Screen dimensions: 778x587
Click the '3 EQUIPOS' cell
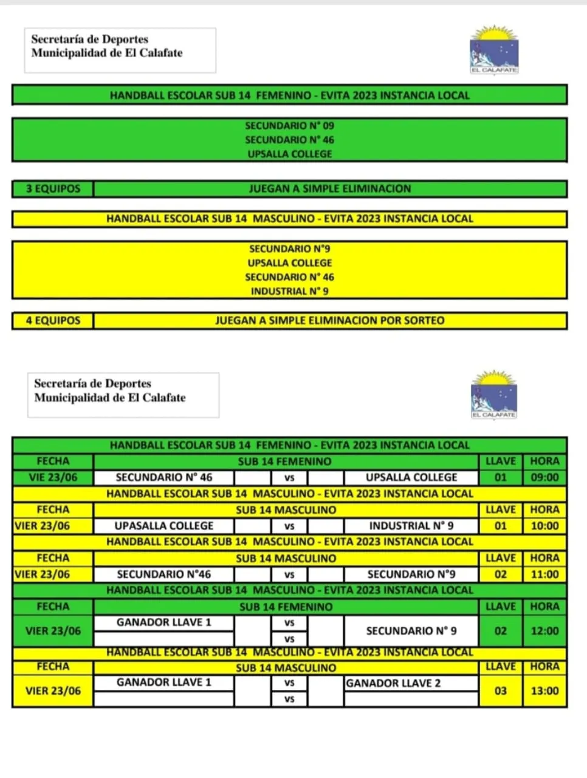tap(53, 189)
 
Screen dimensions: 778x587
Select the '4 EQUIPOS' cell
tap(53, 321)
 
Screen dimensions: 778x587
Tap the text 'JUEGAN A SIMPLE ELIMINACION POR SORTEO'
tap(329, 321)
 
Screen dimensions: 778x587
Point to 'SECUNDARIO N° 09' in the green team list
tap(289, 126)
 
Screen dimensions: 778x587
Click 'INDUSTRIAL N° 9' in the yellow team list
tap(289, 291)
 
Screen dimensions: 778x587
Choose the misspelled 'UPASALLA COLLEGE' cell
tap(164, 526)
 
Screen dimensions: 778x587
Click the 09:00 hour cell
tap(544, 478)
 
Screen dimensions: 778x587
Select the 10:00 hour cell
tap(544, 526)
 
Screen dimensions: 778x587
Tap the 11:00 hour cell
tap(544, 574)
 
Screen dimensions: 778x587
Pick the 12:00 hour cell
tap(544, 631)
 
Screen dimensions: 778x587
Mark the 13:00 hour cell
tap(544, 691)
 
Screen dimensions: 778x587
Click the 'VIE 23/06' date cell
tap(53, 478)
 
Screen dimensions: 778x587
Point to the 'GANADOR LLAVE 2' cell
tap(393, 683)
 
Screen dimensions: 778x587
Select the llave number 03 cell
tap(501, 691)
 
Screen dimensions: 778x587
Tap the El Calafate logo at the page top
tap(494, 50)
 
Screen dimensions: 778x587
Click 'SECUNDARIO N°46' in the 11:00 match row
tap(164, 574)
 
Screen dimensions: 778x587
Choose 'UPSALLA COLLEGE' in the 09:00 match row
tap(411, 478)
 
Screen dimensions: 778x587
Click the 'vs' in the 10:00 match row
tap(289, 526)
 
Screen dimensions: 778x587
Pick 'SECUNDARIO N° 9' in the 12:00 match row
tap(411, 631)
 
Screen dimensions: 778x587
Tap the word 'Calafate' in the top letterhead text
tap(161, 53)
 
